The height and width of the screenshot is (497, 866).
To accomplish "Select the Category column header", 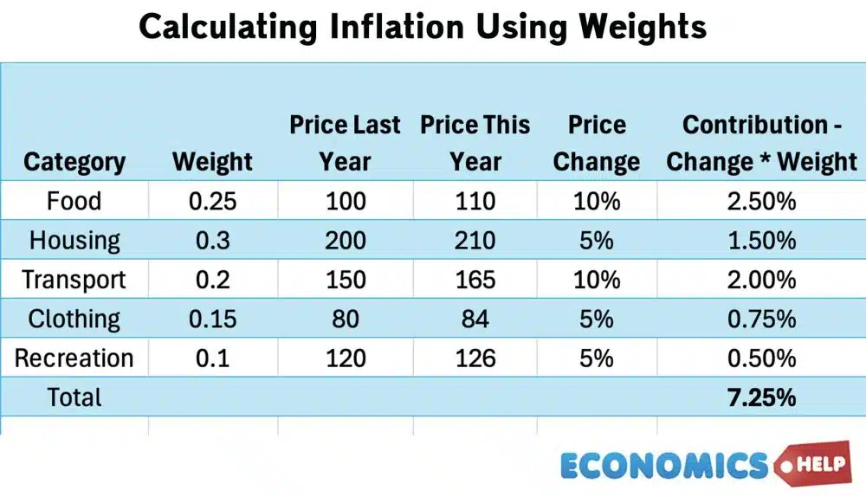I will [74, 162].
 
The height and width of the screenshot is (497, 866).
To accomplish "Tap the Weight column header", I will [212, 162].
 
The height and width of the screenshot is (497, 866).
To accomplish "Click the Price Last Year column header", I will [345, 143].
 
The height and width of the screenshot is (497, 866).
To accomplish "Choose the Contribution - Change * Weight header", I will [761, 143].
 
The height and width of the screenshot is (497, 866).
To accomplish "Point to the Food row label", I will [74, 201].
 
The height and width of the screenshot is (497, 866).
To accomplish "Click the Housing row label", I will [74, 241].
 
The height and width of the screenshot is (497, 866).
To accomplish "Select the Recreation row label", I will [74, 358].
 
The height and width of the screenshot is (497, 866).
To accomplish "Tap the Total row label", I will [74, 397].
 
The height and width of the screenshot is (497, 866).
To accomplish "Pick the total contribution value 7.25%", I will [761, 397].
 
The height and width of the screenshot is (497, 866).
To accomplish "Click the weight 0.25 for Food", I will [212, 201].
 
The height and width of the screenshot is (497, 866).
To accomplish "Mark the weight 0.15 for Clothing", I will [212, 319].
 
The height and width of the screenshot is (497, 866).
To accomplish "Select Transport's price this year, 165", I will [475, 280].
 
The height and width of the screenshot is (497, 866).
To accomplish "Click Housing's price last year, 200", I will [345, 241].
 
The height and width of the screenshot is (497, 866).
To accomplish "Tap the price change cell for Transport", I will [597, 280].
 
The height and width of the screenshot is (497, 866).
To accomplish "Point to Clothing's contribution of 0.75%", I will [761, 319].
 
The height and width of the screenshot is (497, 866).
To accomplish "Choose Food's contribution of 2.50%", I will [761, 201].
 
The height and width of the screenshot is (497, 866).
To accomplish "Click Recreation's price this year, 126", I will [475, 358].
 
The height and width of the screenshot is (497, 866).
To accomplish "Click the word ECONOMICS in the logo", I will [664, 466].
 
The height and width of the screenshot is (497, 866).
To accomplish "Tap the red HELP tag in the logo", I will [818, 464].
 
